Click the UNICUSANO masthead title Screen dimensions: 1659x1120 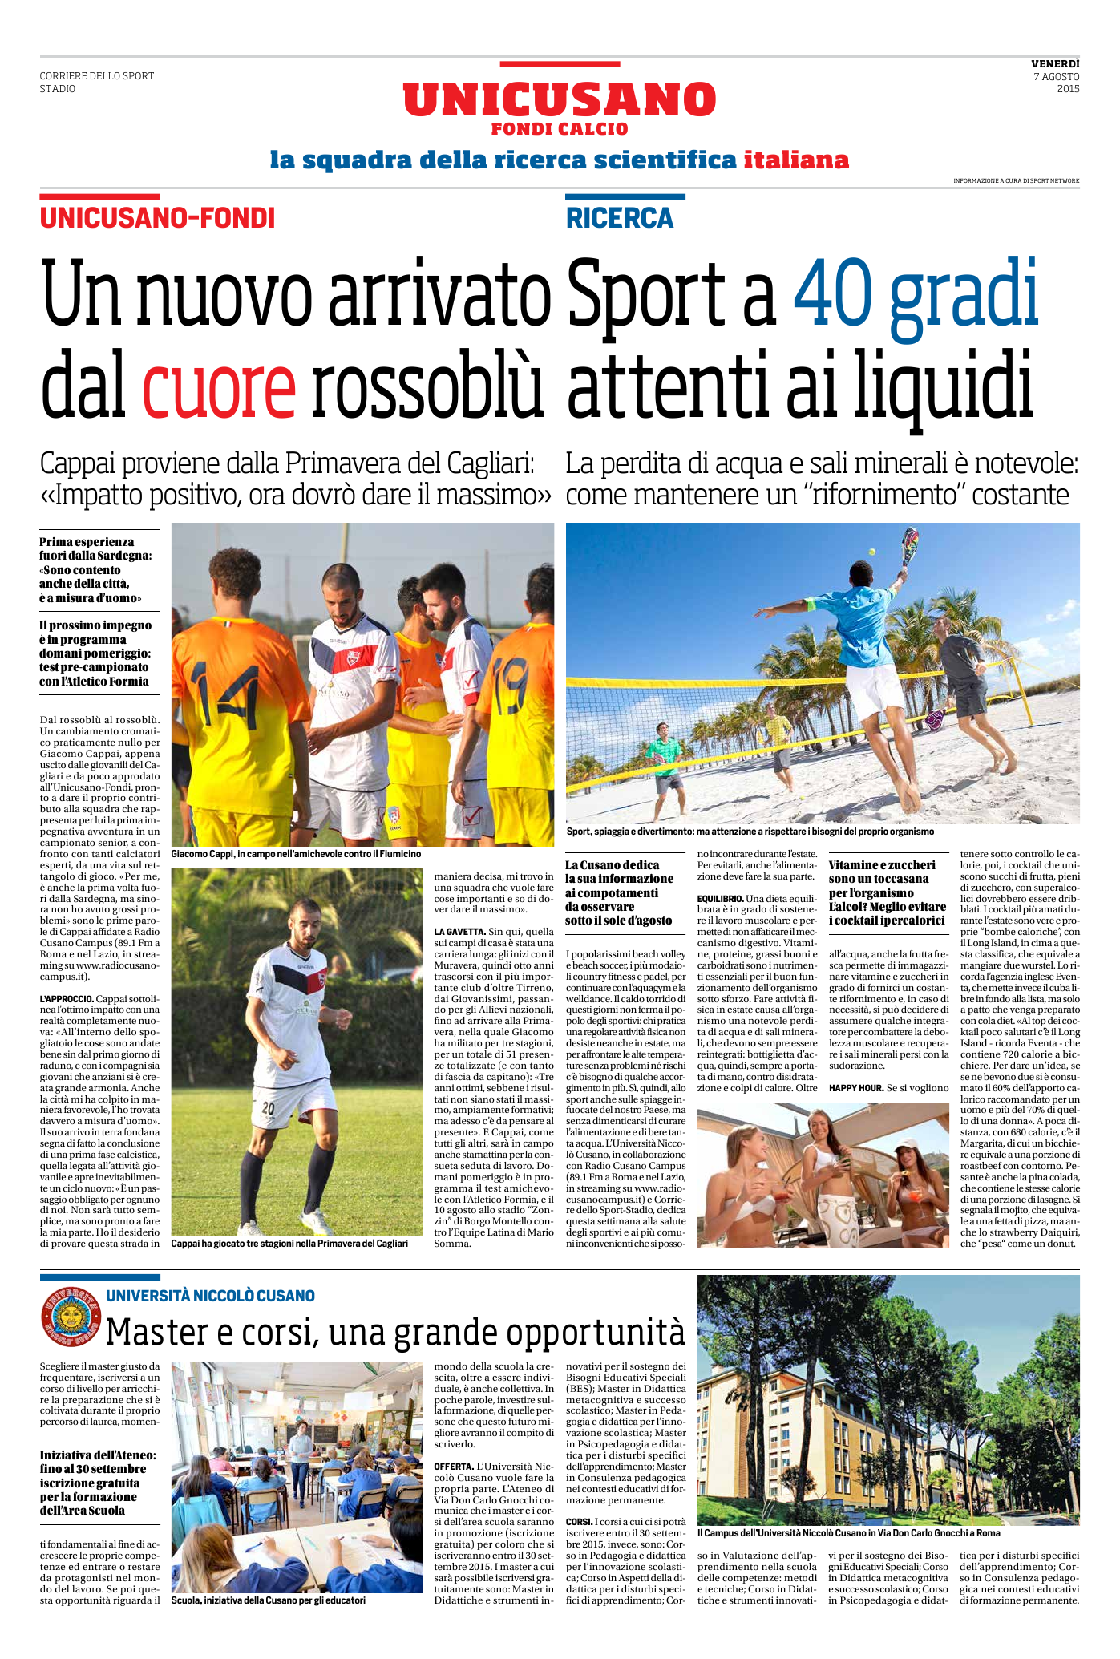point(559,100)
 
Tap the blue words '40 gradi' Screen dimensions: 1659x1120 point(916,293)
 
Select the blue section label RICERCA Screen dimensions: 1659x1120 point(620,218)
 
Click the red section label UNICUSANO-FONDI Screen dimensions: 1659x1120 point(158,218)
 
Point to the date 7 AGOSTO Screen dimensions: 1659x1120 point(1056,77)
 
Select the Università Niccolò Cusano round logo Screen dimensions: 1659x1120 point(71,1317)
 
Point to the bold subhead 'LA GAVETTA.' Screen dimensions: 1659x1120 point(459,932)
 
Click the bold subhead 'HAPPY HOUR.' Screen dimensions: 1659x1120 point(855,1088)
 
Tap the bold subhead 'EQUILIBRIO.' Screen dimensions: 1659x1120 point(720,899)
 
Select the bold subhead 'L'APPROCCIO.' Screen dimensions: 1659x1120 point(67,999)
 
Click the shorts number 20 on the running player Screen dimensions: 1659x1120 point(269,1109)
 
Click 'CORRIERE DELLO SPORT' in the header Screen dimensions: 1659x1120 point(97,76)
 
